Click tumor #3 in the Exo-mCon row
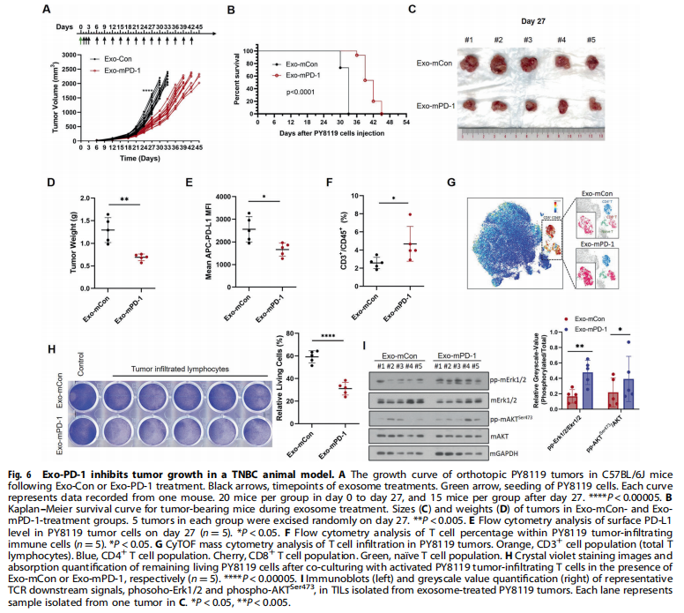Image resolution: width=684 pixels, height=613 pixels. click(526, 65)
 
